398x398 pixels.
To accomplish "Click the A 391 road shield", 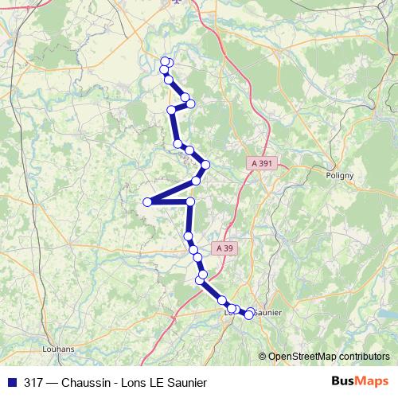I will coord(261,163).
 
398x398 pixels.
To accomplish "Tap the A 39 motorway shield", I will coord(225,248).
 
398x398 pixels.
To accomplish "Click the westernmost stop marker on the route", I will coord(147,202).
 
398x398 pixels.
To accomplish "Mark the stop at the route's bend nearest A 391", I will coord(205,165).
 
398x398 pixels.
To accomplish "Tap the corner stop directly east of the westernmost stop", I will coord(190,202).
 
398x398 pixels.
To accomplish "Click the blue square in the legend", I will coord(11,383).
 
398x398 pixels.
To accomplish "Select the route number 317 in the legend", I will coord(33,383).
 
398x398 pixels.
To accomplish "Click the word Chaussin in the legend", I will coord(85,383).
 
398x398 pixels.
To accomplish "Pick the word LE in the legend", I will coord(159,383).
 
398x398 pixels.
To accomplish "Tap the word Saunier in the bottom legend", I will coord(189,383).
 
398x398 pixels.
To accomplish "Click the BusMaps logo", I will coord(360,382).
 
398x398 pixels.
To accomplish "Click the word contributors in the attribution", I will coord(362,357).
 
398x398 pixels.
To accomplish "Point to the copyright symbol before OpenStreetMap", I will coord(263,357).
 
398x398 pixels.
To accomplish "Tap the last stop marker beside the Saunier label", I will coord(248,315).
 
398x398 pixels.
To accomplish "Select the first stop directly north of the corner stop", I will coord(196,181).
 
